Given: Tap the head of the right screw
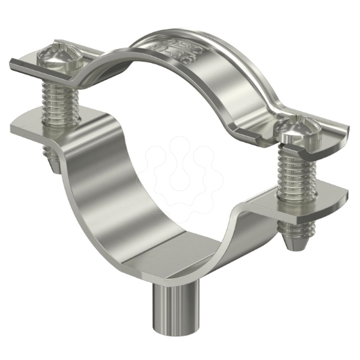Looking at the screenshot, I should click(x=295, y=134).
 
